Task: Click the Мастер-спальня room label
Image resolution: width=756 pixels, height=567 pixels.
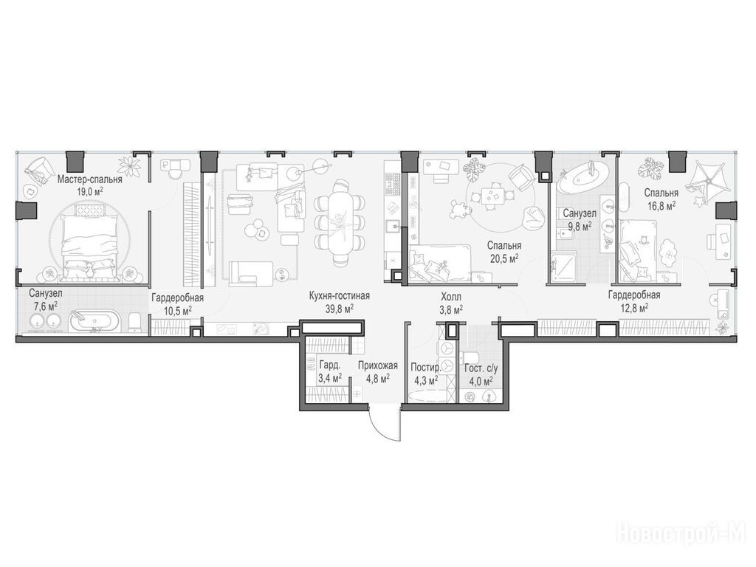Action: [x=89, y=179]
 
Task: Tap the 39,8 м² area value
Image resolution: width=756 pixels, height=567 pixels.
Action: [x=340, y=309]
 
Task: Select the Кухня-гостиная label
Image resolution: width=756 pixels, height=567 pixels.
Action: [x=340, y=295]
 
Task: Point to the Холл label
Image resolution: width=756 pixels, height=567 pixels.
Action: [x=451, y=297]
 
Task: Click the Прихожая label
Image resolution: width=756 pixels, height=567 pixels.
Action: [x=377, y=365]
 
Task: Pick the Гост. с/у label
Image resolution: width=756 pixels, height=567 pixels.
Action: [x=481, y=368]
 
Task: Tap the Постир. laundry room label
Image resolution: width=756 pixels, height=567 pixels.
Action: [x=425, y=368]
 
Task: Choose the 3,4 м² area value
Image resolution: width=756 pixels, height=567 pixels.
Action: [x=330, y=377]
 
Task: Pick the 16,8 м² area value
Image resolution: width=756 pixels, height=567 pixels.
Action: [x=661, y=206]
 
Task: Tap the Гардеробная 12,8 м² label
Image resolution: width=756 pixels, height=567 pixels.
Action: [x=634, y=301]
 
